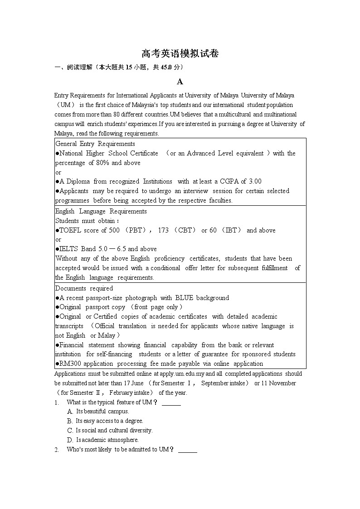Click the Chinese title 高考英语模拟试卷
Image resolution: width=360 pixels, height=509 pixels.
[180, 54]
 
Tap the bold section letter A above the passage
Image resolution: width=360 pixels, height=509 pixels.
[180, 82]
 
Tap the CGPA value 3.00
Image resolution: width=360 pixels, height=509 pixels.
[253, 181]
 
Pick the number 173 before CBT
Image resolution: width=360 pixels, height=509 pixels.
[163, 230]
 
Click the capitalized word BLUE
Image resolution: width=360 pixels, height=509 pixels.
[184, 298]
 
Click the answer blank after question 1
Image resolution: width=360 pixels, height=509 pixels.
[171, 402]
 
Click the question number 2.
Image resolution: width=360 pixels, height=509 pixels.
[57, 450]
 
